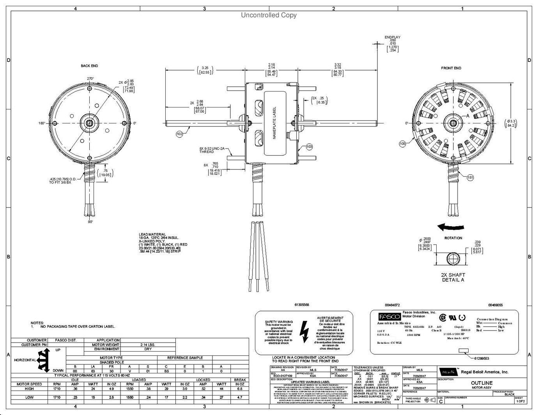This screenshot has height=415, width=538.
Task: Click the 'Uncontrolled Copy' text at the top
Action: (x=269, y=15)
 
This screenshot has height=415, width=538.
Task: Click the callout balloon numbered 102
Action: (x=179, y=134)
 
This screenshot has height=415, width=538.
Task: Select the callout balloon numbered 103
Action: (x=309, y=147)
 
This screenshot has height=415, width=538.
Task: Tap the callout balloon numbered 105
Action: (x=402, y=144)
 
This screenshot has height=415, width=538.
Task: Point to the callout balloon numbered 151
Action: (x=471, y=178)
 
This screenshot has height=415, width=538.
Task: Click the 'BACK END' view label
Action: (x=89, y=66)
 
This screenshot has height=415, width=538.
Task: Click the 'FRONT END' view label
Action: (x=451, y=68)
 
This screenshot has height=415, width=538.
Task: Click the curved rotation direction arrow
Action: (x=451, y=227)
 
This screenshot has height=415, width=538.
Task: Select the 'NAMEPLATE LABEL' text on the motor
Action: (x=274, y=123)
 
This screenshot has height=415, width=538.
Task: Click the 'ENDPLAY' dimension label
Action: (x=392, y=37)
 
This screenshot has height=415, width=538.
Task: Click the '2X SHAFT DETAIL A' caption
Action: (x=453, y=277)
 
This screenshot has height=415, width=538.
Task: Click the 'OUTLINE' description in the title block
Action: (x=482, y=383)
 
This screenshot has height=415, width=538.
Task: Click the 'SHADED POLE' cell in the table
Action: (x=111, y=362)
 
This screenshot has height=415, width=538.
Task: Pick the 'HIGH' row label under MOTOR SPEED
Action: (x=29, y=389)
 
